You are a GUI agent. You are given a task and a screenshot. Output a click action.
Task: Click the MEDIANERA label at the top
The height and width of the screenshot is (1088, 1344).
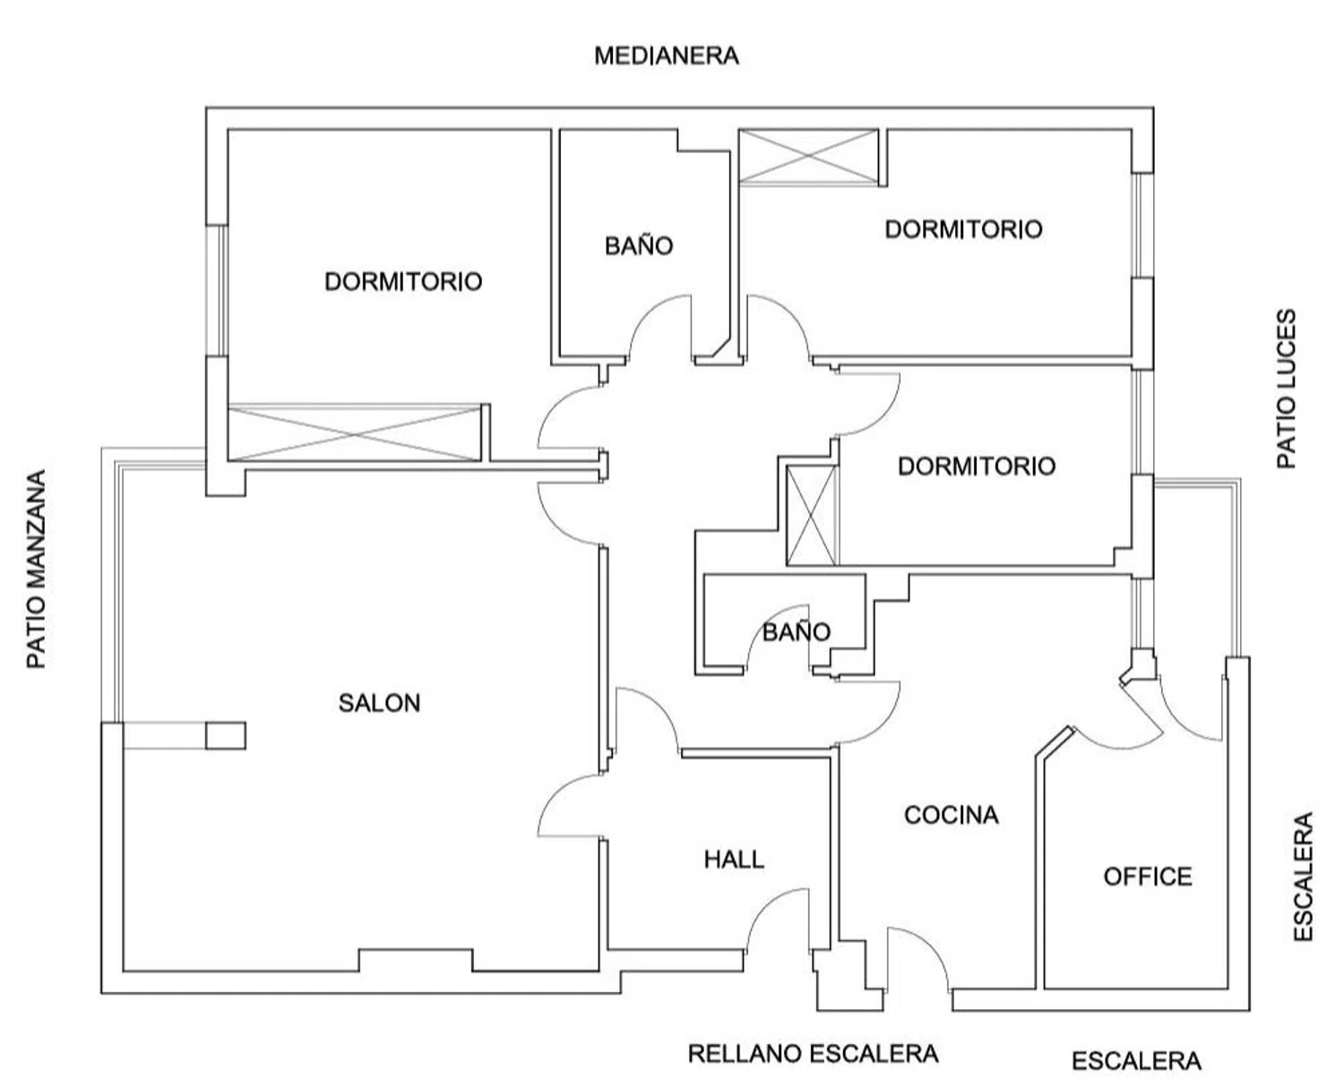click(x=667, y=56)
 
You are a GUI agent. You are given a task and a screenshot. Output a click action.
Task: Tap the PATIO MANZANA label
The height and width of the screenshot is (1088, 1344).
click(x=36, y=570)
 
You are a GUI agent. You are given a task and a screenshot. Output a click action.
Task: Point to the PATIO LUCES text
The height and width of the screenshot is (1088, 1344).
click(x=1286, y=389)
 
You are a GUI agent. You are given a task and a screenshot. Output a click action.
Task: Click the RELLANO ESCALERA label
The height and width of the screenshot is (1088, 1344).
click(x=813, y=1054)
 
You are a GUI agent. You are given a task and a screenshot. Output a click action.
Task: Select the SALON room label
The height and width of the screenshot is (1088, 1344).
click(x=379, y=703)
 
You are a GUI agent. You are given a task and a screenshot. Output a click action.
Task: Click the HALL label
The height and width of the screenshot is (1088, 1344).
click(x=734, y=860)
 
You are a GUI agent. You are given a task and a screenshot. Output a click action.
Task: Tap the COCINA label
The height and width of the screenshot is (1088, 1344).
click(x=951, y=815)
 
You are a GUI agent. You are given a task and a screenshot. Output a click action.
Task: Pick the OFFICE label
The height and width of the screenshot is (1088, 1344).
click(x=1148, y=876)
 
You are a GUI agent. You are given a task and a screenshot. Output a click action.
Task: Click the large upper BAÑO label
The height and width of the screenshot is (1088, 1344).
click(x=639, y=245)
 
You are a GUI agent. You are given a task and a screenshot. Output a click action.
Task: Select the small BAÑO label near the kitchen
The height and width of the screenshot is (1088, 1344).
click(x=796, y=632)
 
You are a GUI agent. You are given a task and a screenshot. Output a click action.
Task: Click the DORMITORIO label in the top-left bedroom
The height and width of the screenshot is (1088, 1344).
click(x=403, y=281)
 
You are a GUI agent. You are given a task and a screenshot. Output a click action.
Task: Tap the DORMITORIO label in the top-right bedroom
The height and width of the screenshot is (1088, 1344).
click(x=963, y=229)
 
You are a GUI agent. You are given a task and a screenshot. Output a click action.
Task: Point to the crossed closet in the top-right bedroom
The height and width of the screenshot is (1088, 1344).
click(x=808, y=157)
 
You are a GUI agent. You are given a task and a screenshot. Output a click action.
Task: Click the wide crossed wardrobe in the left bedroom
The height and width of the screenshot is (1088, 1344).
click(x=356, y=433)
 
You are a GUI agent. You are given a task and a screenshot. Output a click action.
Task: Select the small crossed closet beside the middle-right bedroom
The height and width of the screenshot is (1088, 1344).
click(x=812, y=515)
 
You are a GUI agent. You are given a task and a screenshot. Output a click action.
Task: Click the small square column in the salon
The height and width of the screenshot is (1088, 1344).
click(x=226, y=735)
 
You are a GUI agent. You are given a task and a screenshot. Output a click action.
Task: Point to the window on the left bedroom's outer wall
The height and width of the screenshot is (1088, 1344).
click(x=216, y=289)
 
